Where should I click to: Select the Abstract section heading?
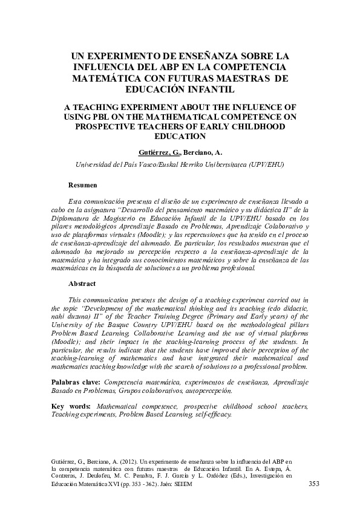point(83,283)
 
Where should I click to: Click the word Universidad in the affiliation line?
point(94,164)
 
